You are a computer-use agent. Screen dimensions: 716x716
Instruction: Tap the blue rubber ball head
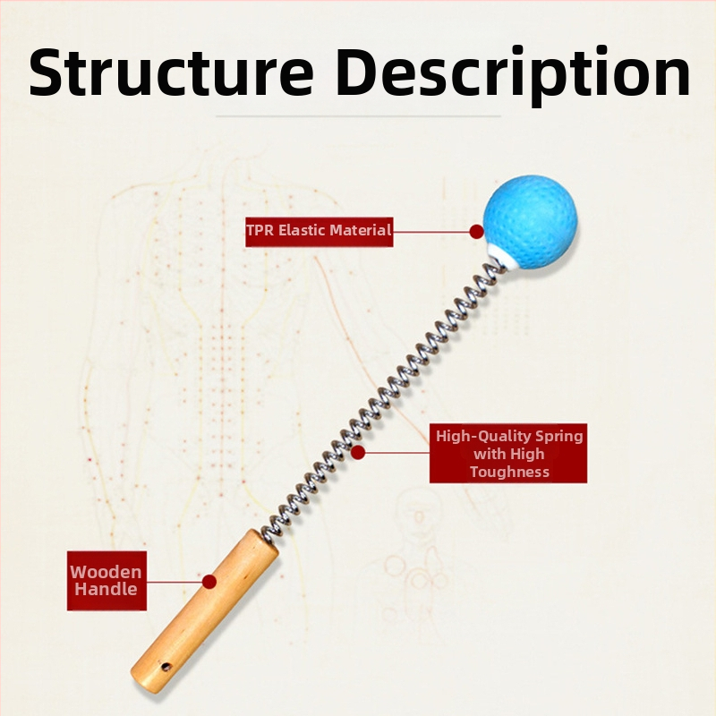coord(530,219)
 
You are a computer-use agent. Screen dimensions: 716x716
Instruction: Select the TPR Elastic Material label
coord(320,231)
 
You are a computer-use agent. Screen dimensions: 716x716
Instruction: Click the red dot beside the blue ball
coord(476,231)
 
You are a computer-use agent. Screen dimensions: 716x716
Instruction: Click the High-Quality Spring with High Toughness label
coord(508,453)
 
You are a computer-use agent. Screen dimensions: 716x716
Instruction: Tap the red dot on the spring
coord(358,453)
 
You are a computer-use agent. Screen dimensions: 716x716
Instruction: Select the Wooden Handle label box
coord(106,581)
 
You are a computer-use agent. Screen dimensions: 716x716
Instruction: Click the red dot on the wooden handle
coord(209,581)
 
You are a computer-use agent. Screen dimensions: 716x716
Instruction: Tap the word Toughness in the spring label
coord(509,472)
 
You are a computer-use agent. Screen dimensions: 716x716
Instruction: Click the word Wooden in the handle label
coord(106,573)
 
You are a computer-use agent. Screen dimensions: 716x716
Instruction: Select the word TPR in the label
coord(260,231)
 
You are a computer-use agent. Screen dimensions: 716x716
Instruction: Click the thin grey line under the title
coord(358,115)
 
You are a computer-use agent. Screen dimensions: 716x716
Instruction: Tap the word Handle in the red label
coord(106,590)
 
